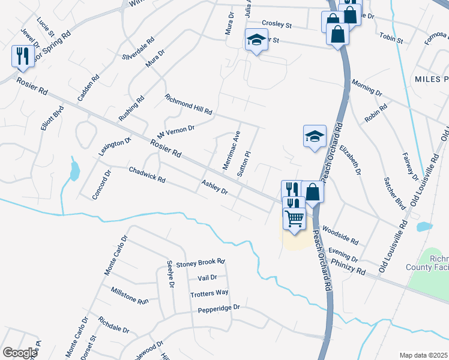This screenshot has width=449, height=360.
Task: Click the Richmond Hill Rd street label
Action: tap(188, 104)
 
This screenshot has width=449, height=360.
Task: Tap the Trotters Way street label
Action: tap(209, 293)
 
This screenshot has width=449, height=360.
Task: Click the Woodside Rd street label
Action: tap(340, 235)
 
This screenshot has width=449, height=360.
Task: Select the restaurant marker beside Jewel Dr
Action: tap(22, 56)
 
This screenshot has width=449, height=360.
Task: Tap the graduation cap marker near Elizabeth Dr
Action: tap(315, 137)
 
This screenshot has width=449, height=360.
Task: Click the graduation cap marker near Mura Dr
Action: tap(256, 41)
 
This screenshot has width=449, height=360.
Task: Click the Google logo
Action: tap(20, 353)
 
